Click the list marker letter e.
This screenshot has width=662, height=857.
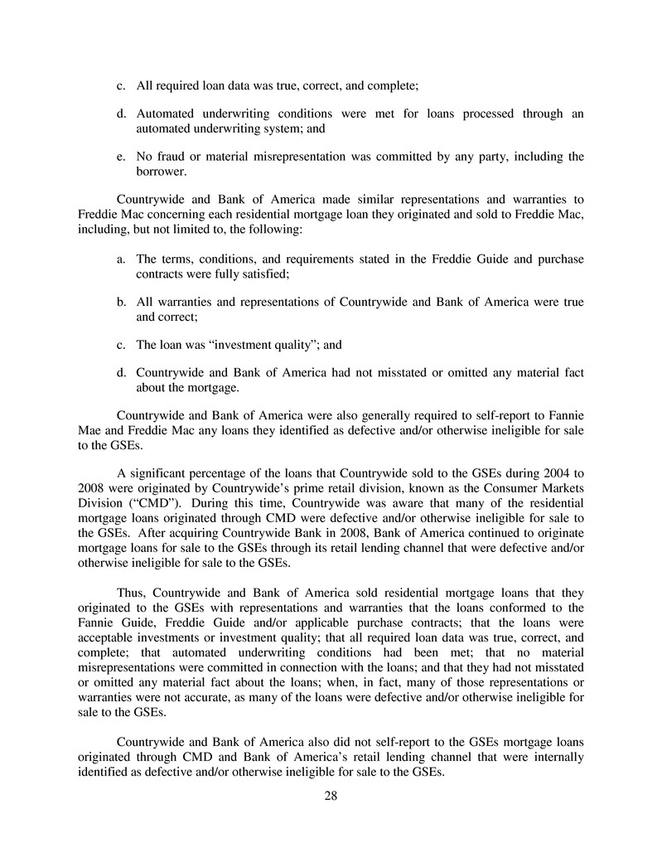click(x=121, y=157)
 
